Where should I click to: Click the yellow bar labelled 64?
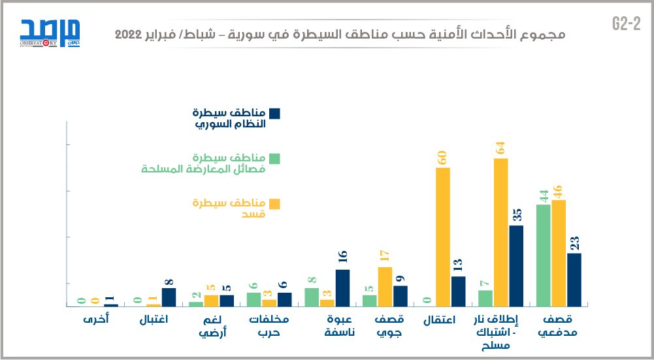tap(500, 232)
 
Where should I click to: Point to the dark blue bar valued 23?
tap(574, 280)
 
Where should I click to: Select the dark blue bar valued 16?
tap(342, 287)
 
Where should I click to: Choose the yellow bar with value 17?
tap(385, 286)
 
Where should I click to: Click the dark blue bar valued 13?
tap(458, 291)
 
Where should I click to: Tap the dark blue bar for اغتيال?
tap(169, 297)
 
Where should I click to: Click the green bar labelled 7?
tap(485, 298)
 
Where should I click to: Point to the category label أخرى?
tap(96, 321)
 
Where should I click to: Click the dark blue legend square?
tap(274, 114)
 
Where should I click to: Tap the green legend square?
tap(274, 158)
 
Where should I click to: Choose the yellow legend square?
tap(274, 204)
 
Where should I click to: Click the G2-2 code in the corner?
tap(625, 24)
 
